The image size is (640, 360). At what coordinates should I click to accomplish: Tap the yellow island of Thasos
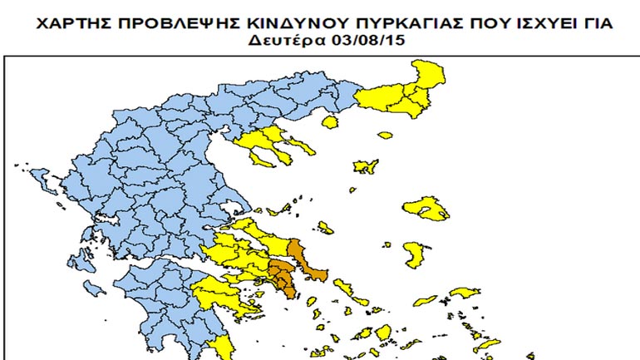pyautogui.click(x=331, y=122)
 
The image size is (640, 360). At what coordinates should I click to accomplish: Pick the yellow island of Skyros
pyautogui.click(x=326, y=226)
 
